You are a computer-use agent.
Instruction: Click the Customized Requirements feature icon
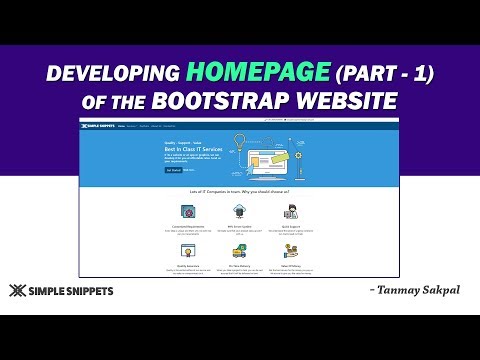(187, 211)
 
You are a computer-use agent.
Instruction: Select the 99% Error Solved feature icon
(240, 211)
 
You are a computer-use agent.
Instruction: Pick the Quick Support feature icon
(291, 211)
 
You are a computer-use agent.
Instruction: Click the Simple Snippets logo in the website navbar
(98, 126)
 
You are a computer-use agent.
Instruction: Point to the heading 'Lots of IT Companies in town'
(240, 189)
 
